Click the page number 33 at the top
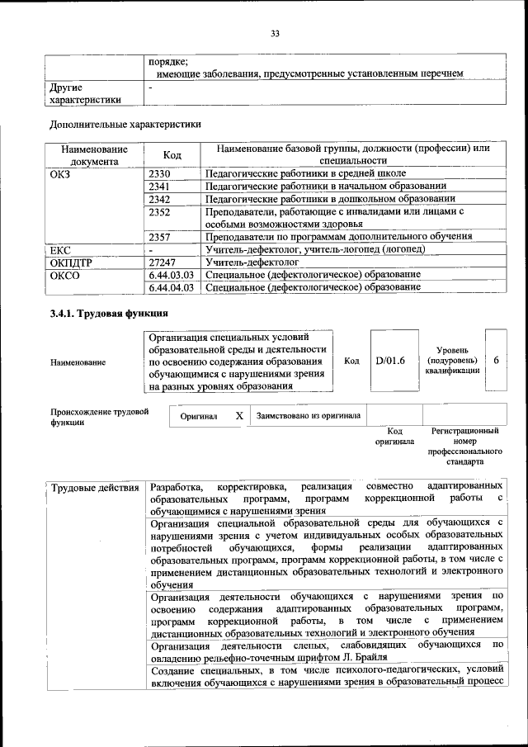tap(275, 33)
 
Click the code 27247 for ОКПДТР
tap(163, 262)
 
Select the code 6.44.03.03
tap(172, 274)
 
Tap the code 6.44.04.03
tap(172, 287)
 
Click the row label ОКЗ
tap(61, 174)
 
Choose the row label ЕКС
tap(61, 249)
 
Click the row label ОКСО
tap(64, 274)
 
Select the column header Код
tap(172, 155)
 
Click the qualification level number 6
tap(496, 361)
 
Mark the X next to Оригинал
tap(238, 416)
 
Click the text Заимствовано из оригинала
tap(308, 416)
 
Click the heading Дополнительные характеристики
tap(125, 125)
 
